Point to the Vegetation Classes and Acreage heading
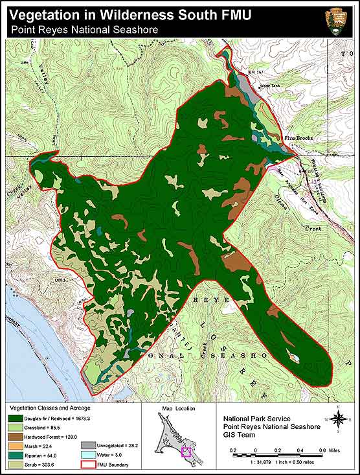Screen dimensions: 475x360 point(49,408)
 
